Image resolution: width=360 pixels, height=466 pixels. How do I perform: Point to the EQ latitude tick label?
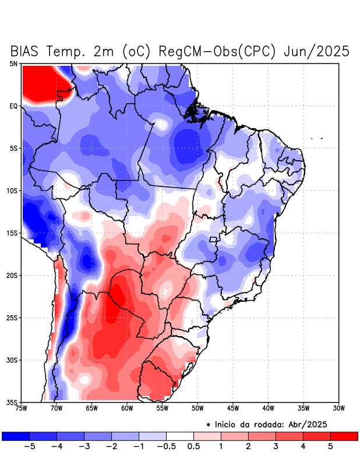tap(13, 106)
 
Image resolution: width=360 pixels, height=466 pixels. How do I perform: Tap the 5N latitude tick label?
tap(13, 63)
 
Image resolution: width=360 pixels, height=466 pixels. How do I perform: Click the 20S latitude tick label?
tap(12, 275)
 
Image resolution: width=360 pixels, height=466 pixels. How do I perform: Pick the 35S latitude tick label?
tap(12, 402)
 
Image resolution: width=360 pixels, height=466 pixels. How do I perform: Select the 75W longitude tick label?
tap(22, 408)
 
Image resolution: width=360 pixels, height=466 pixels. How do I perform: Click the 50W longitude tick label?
tap(197, 408)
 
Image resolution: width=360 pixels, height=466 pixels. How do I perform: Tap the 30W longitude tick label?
tap(339, 408)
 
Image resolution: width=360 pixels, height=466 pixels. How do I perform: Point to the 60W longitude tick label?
tap(127, 408)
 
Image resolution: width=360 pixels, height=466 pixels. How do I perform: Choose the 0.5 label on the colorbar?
tap(193, 447)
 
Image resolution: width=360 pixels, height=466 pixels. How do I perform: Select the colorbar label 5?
tap(330, 447)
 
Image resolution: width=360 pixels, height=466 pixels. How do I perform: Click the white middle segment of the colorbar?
tap(179, 436)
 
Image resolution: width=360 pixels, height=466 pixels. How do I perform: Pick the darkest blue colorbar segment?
tap(15, 436)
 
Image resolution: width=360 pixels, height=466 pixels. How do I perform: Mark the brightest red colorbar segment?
tap(344, 436)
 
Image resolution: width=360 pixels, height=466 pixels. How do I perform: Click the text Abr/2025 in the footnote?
tap(317, 424)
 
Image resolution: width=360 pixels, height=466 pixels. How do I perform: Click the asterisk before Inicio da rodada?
tap(208, 425)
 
